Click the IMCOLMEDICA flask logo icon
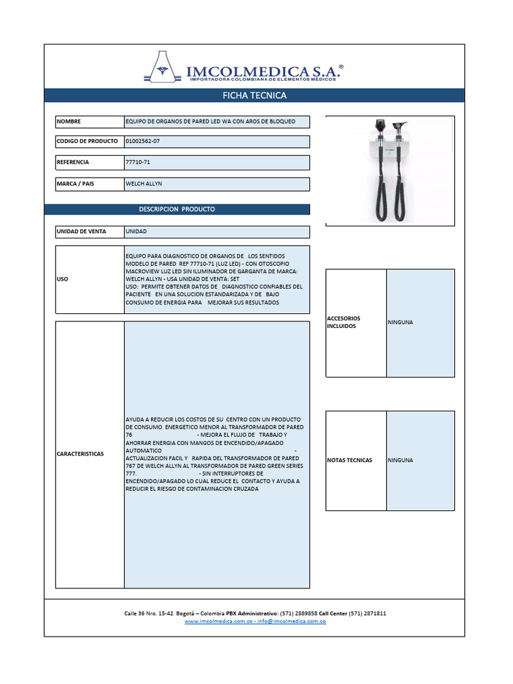pos(164,67)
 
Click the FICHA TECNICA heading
pos(254,96)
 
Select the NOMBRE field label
pos(69,122)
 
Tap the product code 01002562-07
pos(143,142)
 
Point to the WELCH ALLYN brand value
pos(144,184)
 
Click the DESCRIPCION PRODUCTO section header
pos(177,209)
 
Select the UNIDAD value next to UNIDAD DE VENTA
pos(136,232)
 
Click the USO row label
pos(63,279)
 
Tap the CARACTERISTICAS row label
pos(80,454)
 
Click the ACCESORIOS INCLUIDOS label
pos(344,323)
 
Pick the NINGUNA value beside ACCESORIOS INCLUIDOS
pos(401,323)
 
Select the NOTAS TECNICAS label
pos(350,460)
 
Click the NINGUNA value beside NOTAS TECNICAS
pos(401,460)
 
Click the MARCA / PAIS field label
pos(75,184)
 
